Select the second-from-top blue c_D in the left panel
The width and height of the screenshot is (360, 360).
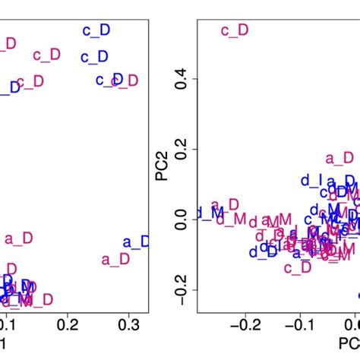tap(95, 57)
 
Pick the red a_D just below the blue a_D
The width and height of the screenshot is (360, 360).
tap(115, 260)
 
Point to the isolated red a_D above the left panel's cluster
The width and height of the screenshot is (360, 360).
tap(20, 239)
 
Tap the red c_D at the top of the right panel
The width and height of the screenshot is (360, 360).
tap(234, 30)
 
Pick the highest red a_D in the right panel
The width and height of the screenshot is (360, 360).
tap(339, 158)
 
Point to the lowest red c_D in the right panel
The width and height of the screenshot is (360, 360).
tap(297, 267)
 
